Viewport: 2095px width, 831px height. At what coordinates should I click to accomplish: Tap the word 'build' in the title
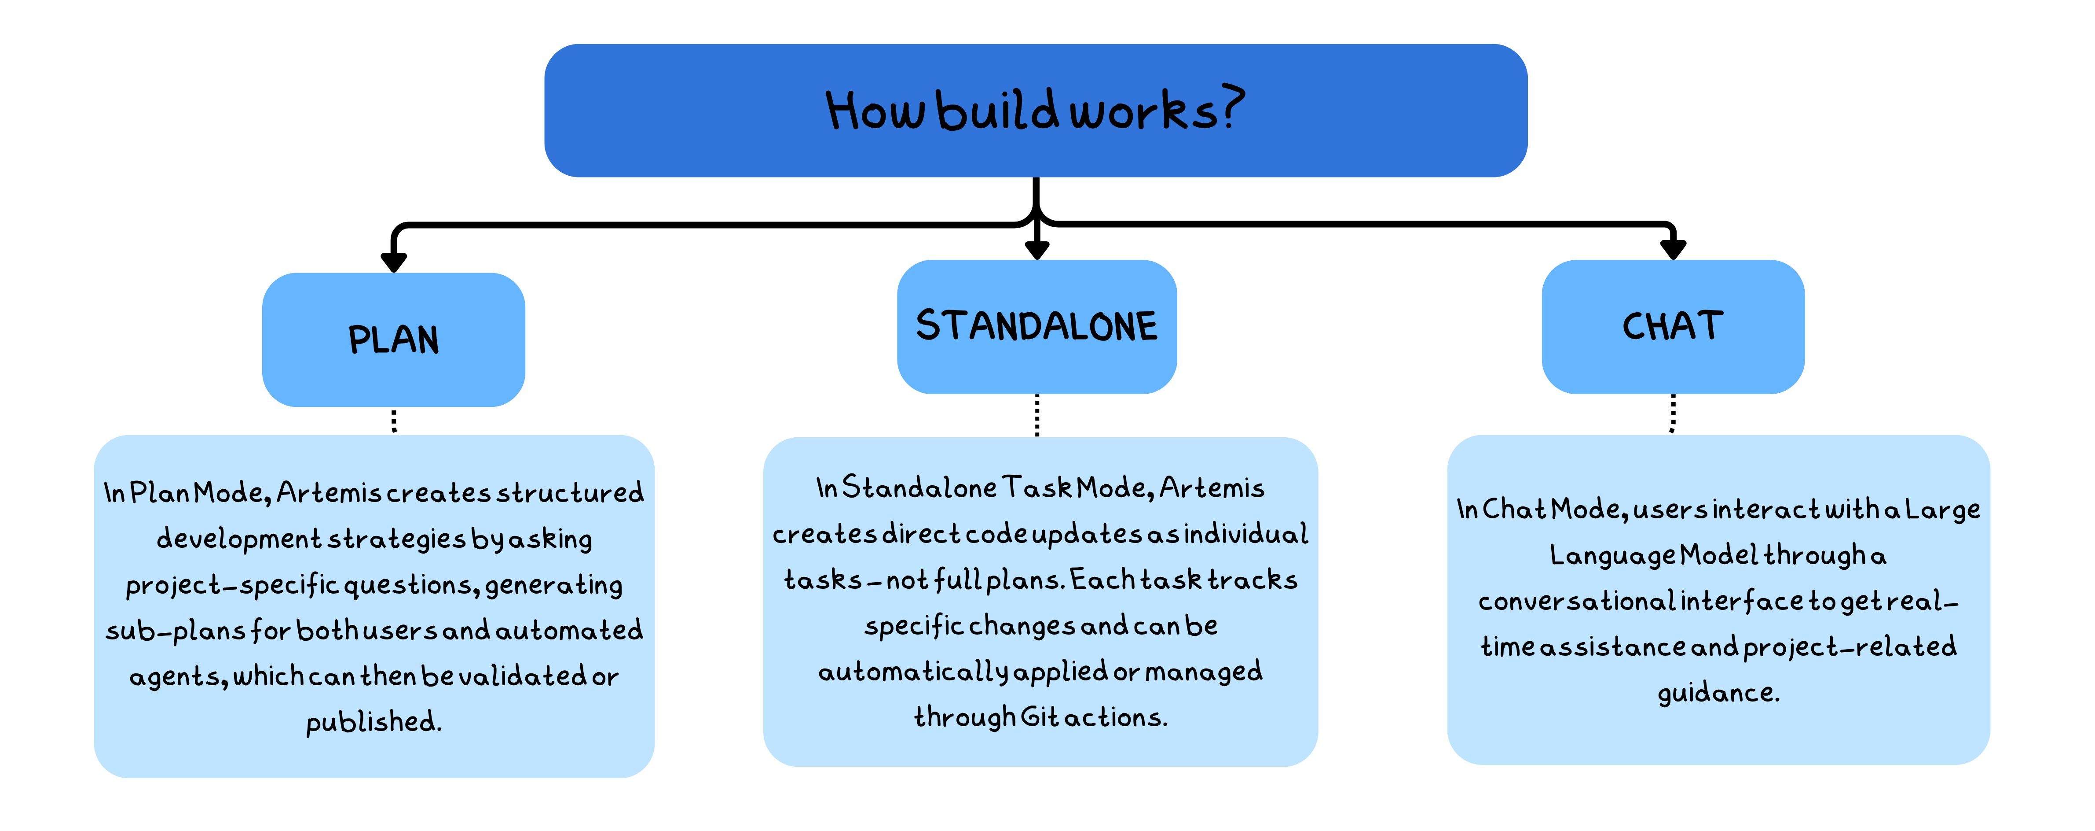pos(998,111)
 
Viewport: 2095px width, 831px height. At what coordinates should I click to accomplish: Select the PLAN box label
pos(394,340)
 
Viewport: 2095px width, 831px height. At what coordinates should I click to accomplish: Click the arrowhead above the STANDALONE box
pos(1037,249)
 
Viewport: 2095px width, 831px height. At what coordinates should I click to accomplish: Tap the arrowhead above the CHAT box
pos(1673,249)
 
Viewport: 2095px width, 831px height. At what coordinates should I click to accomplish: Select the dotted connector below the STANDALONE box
pos(1037,415)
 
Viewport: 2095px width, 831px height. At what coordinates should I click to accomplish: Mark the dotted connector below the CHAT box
pos(1673,414)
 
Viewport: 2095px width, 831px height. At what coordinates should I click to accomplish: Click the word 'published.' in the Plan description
pos(374,722)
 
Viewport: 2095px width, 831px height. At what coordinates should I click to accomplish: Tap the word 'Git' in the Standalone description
pos(1040,717)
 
